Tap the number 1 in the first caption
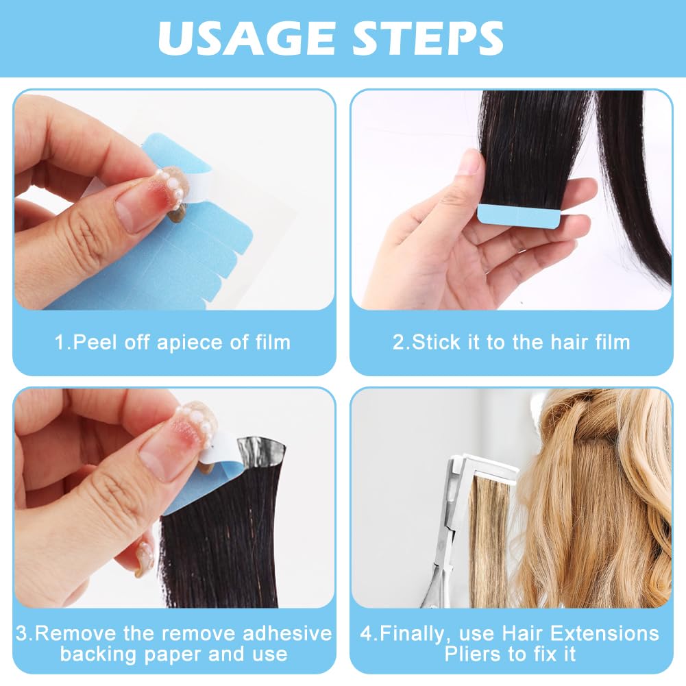(60, 342)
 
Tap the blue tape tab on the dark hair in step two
(519, 215)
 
